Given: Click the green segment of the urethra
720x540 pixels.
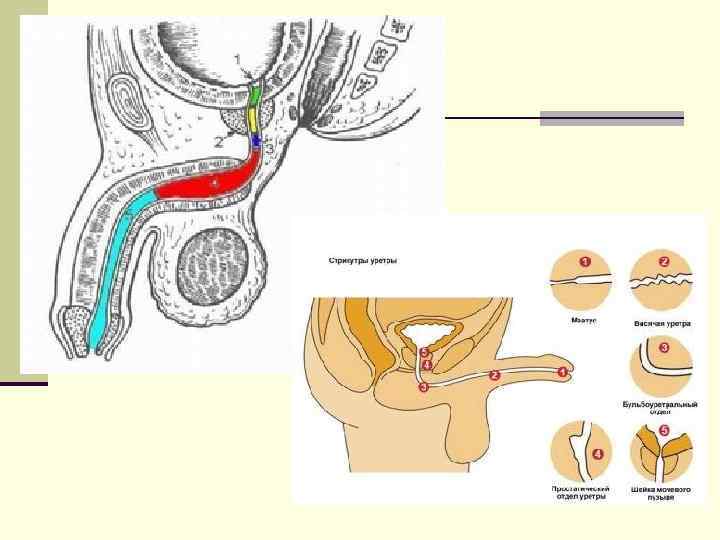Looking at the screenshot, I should (x=255, y=94).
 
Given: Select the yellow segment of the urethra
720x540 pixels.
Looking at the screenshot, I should (x=254, y=119).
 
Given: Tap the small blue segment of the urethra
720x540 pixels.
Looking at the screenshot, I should (x=256, y=142).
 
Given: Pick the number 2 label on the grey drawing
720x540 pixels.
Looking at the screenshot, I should (x=218, y=143).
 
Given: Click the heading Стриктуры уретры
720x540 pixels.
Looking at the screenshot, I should (x=363, y=261).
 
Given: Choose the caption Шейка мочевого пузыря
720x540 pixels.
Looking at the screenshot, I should (x=661, y=493).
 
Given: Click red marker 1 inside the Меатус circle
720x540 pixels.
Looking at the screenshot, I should (x=586, y=263).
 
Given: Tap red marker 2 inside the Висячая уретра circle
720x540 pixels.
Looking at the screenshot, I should (x=664, y=263).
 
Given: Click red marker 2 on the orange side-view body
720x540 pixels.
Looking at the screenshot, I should (x=493, y=375).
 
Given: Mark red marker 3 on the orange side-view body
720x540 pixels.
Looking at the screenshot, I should (x=424, y=387).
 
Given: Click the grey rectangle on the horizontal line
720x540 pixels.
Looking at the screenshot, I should (x=611, y=118).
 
